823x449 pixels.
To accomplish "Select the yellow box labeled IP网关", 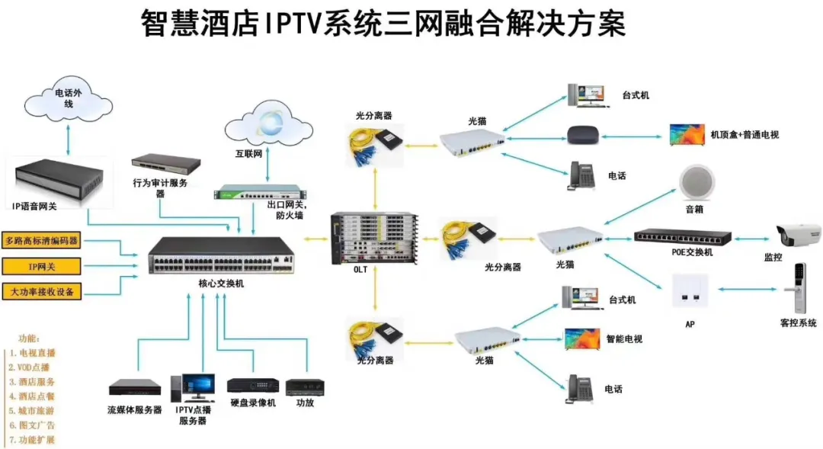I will click(x=42, y=266).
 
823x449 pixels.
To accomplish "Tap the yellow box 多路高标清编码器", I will click(x=42, y=241).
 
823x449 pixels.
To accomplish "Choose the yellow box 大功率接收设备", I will click(x=42, y=291).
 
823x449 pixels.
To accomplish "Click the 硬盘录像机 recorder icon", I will click(x=252, y=385).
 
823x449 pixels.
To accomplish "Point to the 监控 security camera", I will click(x=797, y=235).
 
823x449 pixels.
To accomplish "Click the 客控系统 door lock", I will click(x=798, y=289).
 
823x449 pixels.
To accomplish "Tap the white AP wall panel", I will click(x=690, y=291).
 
